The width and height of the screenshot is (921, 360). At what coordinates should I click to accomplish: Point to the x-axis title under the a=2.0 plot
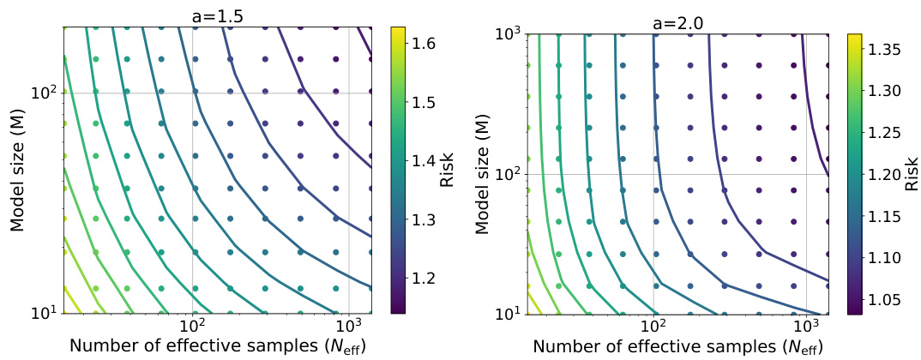pos(677,346)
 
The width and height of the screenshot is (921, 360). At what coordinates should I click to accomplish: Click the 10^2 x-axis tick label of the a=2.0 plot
pos(654,327)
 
